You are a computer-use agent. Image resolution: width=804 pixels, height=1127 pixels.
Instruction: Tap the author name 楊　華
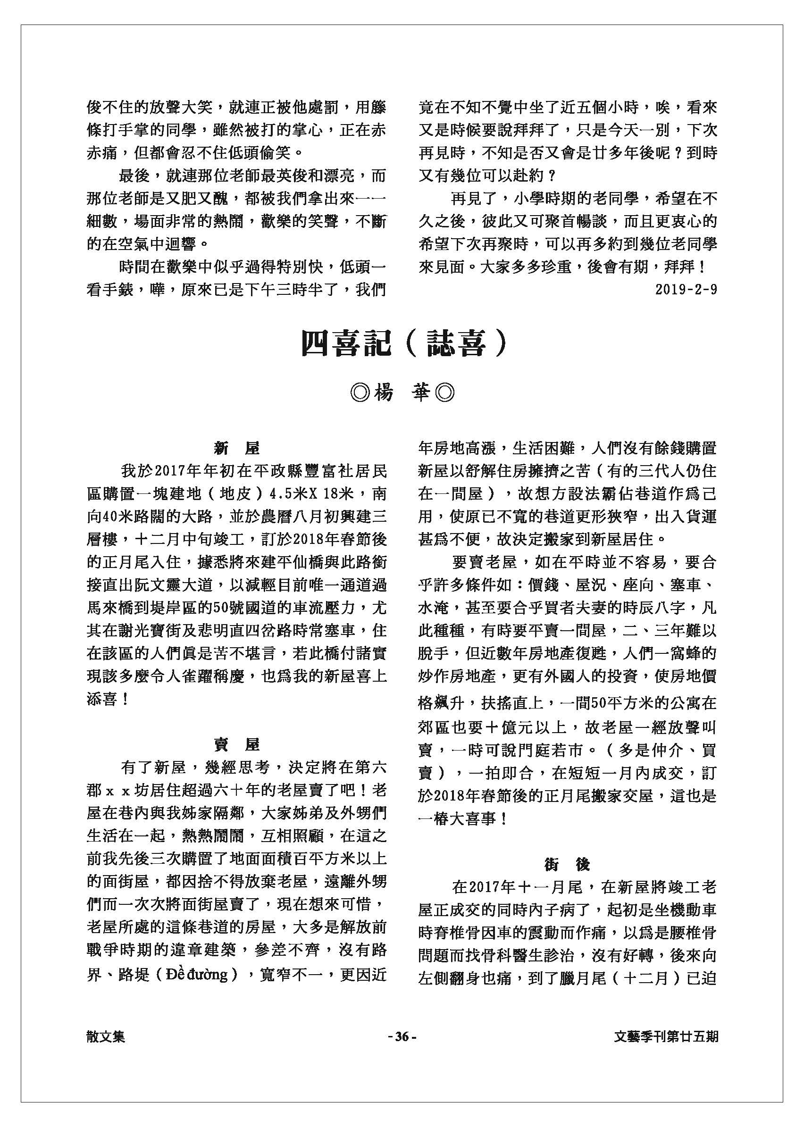(402, 393)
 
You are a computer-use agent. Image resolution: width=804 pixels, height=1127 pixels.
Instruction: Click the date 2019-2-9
(686, 290)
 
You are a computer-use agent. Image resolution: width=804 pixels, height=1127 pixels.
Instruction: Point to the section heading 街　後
(567, 864)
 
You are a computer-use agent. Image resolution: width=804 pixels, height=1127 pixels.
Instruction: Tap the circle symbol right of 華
(444, 393)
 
